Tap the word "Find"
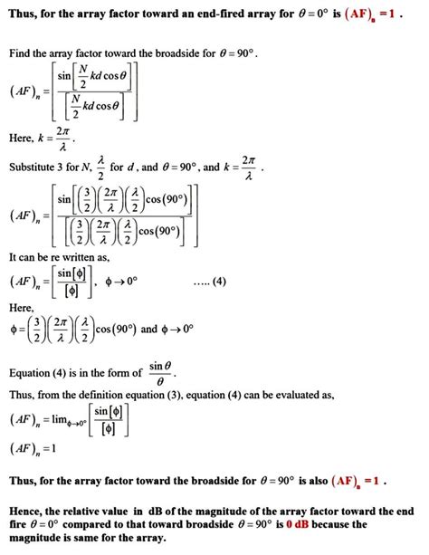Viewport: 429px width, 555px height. click(x=21, y=55)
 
